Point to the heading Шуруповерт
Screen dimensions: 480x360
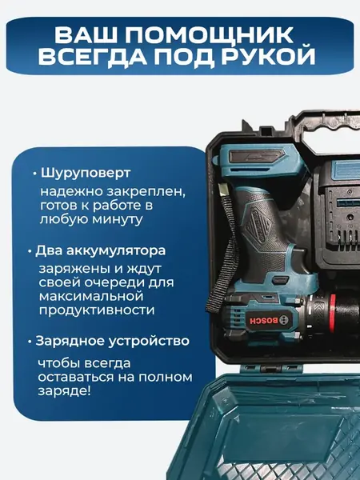coord(84,173)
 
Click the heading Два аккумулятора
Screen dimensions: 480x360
coord(100,250)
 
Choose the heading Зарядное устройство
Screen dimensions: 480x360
coord(112,340)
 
